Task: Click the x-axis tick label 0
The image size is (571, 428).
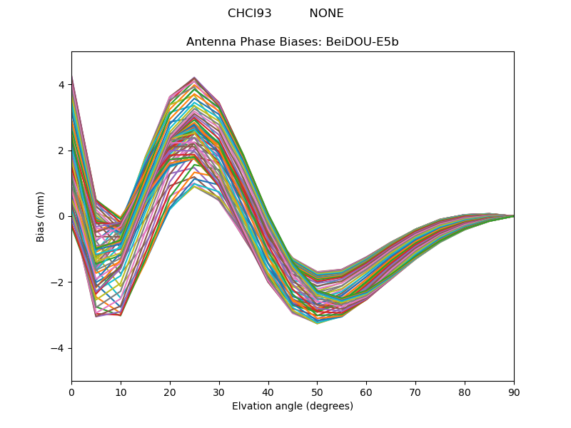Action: tap(71, 392)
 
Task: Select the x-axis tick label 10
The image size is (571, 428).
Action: tap(121, 392)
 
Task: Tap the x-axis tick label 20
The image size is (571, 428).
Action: tap(170, 392)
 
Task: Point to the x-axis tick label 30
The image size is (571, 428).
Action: tap(219, 392)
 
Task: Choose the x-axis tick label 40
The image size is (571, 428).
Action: tap(268, 392)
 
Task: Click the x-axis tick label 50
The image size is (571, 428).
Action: tap(317, 392)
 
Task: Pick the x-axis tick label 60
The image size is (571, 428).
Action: tap(366, 392)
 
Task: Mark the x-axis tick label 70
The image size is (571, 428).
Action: tap(415, 392)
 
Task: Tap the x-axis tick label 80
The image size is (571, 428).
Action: tap(465, 392)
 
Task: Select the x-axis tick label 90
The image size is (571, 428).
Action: tap(514, 392)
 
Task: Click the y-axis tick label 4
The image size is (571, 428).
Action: tap(61, 85)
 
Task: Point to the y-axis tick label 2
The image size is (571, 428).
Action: tap(61, 151)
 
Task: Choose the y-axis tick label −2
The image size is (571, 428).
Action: tap(59, 282)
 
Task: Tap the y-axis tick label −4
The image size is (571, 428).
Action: tap(59, 348)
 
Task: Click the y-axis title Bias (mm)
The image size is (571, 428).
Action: tap(41, 216)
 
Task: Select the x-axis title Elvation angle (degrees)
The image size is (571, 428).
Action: tap(293, 407)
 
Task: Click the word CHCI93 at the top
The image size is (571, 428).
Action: tap(250, 14)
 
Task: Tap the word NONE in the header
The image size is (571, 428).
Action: tap(326, 14)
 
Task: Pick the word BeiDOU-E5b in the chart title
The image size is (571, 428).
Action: tap(363, 42)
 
